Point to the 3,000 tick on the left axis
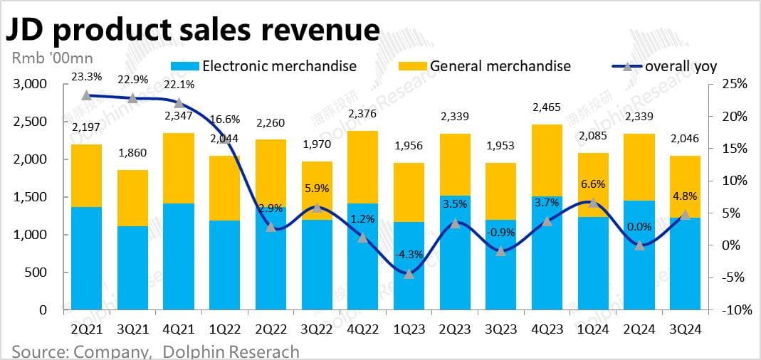[31, 84]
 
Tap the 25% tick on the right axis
[733, 84]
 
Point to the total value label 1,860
[132, 153]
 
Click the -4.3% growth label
[409, 253]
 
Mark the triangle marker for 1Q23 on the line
[409, 274]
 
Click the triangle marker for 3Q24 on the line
[686, 214]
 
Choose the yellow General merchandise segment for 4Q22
[363, 167]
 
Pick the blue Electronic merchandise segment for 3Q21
[132, 268]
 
